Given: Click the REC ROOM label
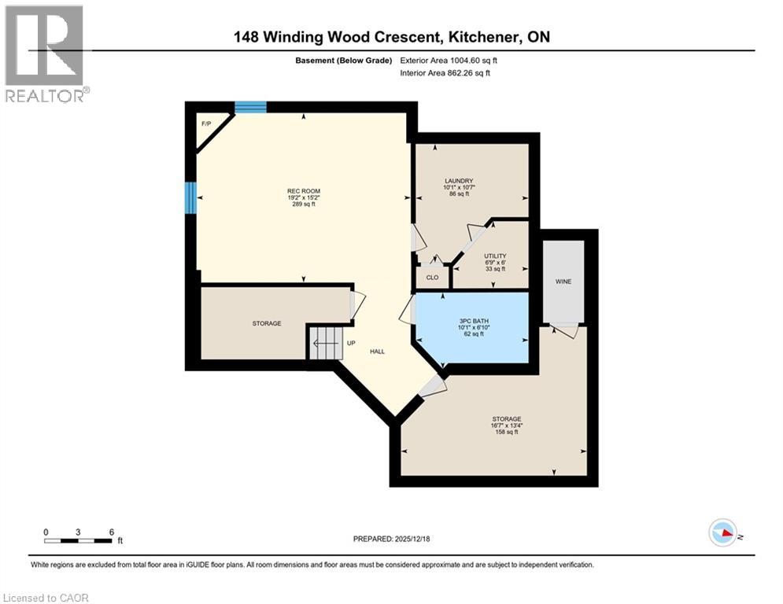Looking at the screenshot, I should [303, 190].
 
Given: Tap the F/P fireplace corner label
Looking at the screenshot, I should [206, 124].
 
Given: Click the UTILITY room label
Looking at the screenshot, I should [495, 256].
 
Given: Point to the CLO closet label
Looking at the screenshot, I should [432, 278].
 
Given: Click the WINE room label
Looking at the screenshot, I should [563, 281].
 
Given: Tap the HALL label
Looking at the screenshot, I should [378, 352].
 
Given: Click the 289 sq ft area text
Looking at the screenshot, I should [303, 204].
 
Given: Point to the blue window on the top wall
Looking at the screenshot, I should [250, 108].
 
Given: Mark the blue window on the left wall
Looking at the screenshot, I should [190, 197].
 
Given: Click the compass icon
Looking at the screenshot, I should [722, 534].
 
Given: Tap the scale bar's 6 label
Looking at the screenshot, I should [111, 532].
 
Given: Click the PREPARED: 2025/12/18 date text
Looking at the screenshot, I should [391, 540].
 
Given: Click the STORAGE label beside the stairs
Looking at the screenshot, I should [267, 323].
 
